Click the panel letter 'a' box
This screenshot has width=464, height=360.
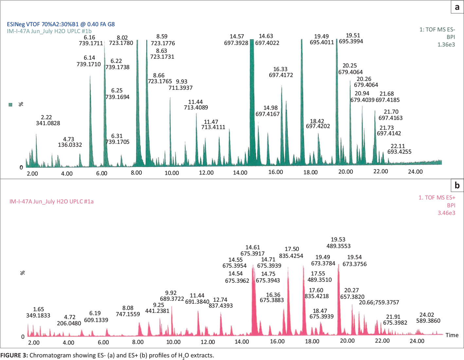[x=457, y=7]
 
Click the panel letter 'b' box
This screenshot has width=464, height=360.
[x=457, y=185]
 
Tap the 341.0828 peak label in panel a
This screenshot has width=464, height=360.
[x=48, y=123]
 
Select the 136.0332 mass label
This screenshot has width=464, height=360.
[x=70, y=145]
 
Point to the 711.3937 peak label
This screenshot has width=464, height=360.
[x=181, y=88]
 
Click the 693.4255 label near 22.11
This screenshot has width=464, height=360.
[x=399, y=152]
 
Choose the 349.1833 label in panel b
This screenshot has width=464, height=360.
[x=38, y=315]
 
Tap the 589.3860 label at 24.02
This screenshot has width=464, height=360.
[x=428, y=321]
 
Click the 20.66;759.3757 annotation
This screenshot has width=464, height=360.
[x=379, y=302]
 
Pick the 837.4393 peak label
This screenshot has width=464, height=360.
[x=221, y=306]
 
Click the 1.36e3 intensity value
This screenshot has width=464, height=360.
[x=446, y=45]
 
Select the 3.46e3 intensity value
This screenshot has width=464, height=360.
[x=446, y=213]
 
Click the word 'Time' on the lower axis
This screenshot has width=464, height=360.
[x=452, y=335]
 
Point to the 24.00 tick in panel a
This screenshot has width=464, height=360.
[x=415, y=172]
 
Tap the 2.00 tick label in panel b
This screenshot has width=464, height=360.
[x=34, y=343]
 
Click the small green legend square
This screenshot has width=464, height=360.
[x=10, y=104]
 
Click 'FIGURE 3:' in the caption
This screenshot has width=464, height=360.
[x=14, y=355]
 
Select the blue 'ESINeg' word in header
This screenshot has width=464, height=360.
[x=16, y=24]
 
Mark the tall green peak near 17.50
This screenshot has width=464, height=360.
[x=302, y=98]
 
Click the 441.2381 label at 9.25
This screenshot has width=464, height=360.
[x=157, y=311]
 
